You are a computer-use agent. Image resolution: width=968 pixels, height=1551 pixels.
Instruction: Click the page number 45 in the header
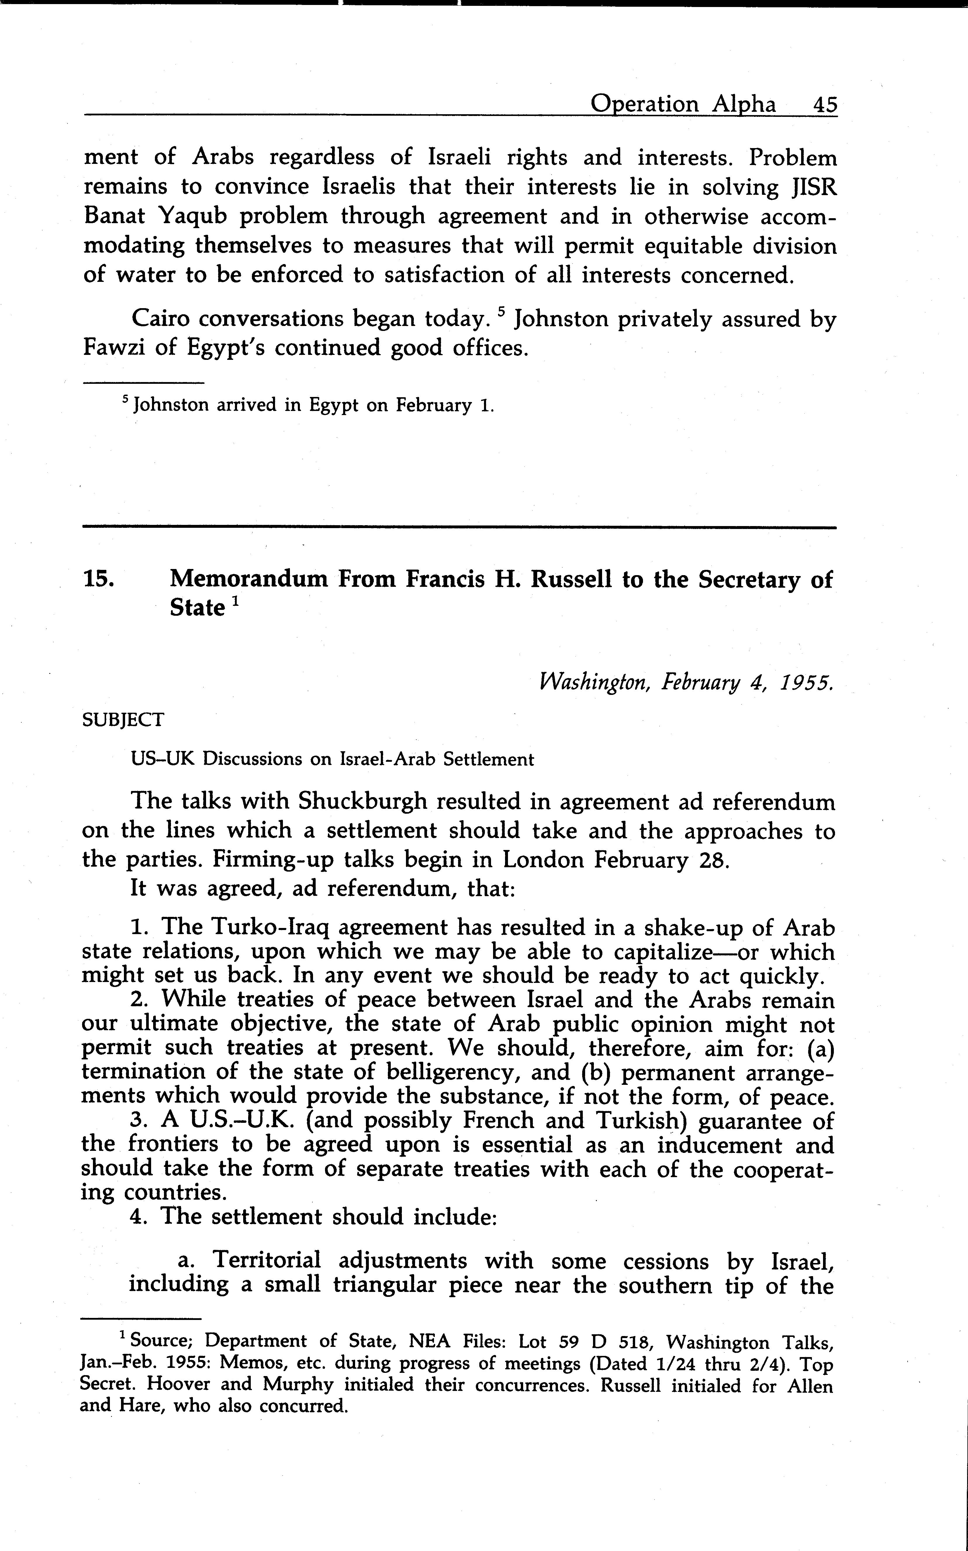point(824,104)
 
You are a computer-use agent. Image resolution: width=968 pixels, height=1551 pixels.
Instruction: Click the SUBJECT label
point(123,720)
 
